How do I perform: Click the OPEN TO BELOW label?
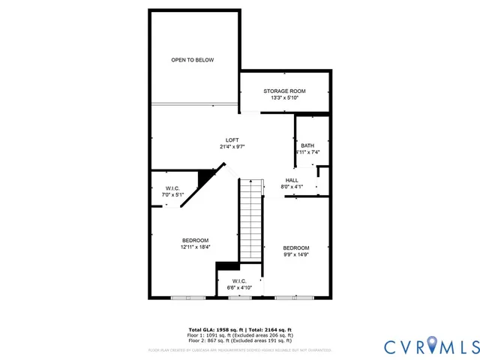tap(193, 60)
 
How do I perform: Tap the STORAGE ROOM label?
tap(284, 91)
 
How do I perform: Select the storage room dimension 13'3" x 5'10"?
tap(284, 97)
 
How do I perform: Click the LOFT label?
tap(232, 140)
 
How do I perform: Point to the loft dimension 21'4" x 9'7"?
tap(232, 147)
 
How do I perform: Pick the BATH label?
tap(307, 145)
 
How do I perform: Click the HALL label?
tap(292, 180)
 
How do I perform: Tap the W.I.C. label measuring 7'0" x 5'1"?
tap(172, 188)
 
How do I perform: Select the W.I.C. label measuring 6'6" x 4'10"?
tap(239, 281)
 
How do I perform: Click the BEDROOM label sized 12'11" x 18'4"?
tap(195, 240)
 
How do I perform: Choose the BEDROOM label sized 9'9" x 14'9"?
tap(295, 247)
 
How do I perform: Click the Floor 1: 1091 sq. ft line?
tap(239, 335)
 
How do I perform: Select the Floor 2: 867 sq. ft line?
tap(239, 340)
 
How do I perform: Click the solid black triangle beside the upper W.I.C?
tap(204, 178)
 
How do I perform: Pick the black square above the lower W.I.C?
tap(227, 265)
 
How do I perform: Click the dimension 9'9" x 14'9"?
tap(295, 254)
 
